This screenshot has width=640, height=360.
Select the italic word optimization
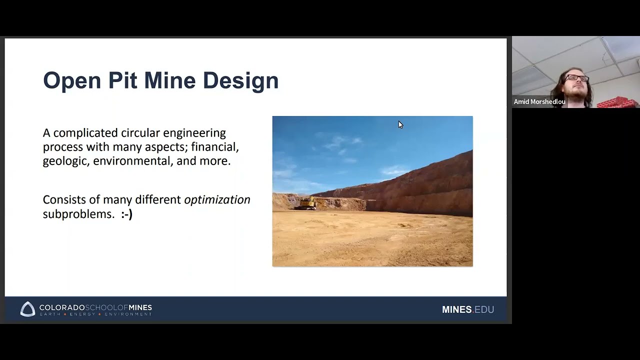(x=217, y=199)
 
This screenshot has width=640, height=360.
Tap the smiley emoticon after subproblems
(x=126, y=214)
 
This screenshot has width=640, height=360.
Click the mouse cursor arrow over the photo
(x=400, y=124)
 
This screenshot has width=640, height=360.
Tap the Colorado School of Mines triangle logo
(x=28, y=309)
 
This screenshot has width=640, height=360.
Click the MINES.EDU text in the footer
(x=467, y=309)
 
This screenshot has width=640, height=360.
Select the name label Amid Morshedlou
(x=539, y=102)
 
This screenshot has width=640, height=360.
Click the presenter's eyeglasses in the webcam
(x=576, y=78)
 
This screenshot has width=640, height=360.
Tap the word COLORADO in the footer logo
(x=61, y=307)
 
